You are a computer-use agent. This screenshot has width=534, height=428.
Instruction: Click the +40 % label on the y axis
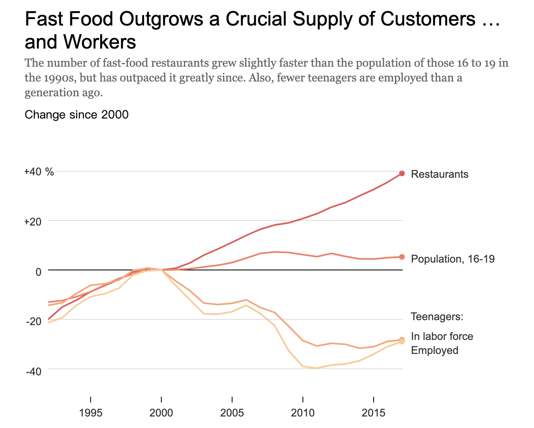click(39, 172)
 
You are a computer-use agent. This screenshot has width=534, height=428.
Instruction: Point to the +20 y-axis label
click(33, 221)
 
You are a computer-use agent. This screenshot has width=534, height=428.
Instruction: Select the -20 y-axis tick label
click(34, 321)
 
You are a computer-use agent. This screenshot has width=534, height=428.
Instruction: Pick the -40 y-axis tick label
click(34, 371)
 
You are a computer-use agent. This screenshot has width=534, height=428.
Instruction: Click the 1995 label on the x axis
click(91, 413)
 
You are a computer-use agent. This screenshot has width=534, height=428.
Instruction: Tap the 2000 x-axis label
click(161, 413)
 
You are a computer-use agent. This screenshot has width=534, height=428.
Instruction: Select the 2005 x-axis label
click(232, 413)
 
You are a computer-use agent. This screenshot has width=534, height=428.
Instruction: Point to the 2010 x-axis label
click(303, 413)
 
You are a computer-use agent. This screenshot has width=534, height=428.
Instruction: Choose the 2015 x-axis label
click(374, 413)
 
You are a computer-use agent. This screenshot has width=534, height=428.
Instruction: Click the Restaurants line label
click(439, 174)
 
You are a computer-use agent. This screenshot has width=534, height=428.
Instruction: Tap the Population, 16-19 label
click(453, 259)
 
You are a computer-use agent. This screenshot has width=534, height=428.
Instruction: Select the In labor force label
click(442, 336)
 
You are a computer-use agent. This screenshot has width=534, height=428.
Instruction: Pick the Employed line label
click(434, 350)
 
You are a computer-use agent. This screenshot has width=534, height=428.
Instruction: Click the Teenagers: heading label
click(437, 316)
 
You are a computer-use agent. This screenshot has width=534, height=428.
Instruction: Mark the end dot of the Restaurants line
click(402, 173)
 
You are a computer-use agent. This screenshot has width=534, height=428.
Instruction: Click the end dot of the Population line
click(402, 257)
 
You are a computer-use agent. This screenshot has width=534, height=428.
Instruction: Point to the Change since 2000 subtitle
click(77, 114)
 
